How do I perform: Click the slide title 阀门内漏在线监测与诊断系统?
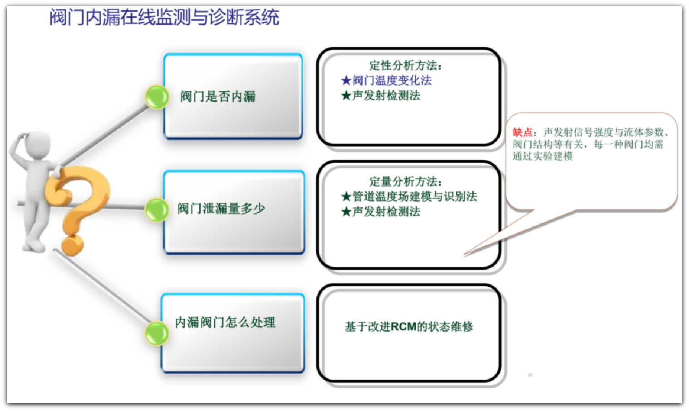click(164, 17)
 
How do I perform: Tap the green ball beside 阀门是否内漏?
click(157, 97)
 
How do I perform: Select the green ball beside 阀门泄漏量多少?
click(157, 210)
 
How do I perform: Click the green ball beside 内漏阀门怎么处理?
click(157, 333)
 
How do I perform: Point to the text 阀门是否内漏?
click(218, 96)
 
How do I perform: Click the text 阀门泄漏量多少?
click(221, 208)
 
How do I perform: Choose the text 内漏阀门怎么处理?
click(225, 323)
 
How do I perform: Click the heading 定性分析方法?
click(405, 65)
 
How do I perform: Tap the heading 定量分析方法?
click(405, 181)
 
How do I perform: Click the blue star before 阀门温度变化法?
click(346, 81)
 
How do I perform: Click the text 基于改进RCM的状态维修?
click(409, 327)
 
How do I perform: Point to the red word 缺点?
click(522, 132)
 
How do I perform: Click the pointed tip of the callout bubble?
click(464, 254)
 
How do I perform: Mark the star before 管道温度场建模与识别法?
click(346, 196)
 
